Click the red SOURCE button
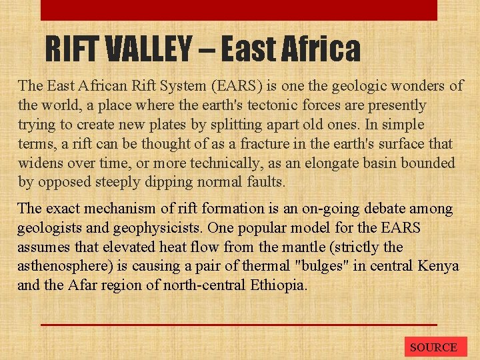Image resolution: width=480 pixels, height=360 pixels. coord(433,347)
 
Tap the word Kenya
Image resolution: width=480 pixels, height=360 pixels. coord(439,267)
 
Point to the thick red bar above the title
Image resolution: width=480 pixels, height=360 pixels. coord(239,10)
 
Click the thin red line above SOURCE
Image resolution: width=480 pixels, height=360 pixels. coord(239,325)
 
